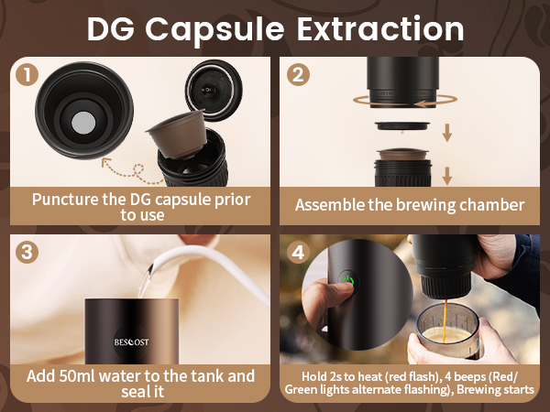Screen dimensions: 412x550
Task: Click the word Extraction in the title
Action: click(x=377, y=28)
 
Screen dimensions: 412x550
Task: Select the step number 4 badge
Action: click(x=296, y=252)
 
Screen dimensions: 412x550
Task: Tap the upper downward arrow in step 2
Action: click(x=447, y=135)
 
